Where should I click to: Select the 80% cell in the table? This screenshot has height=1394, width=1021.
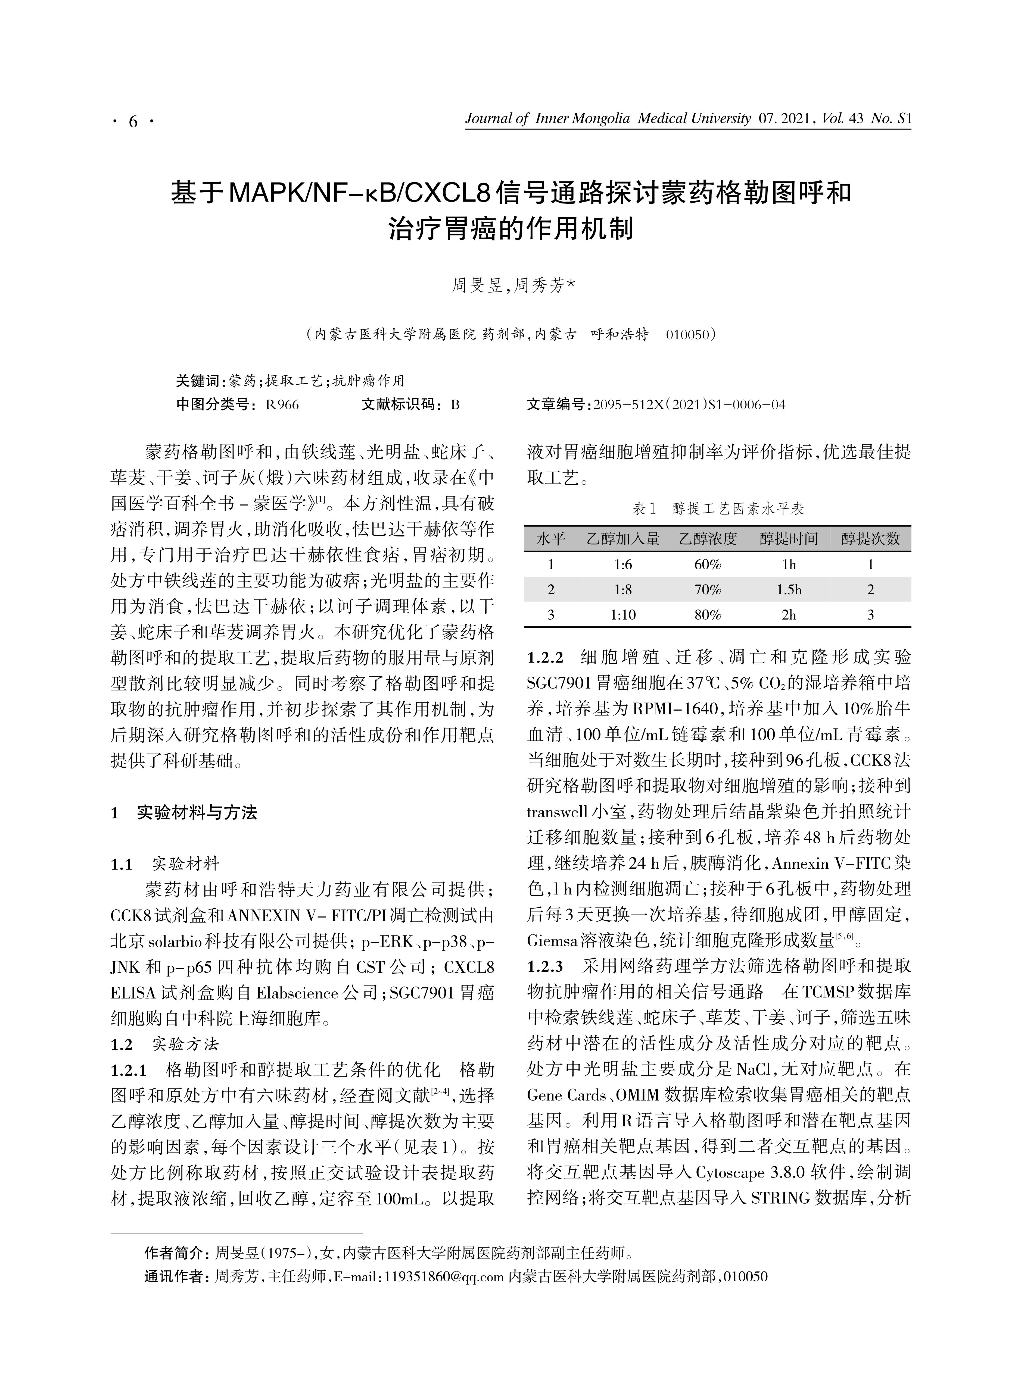708,615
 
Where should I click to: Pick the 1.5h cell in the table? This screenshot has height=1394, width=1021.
789,590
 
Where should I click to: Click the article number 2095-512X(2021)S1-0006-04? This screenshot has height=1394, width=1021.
689,405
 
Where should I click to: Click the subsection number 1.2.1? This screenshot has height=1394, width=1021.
129,1070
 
